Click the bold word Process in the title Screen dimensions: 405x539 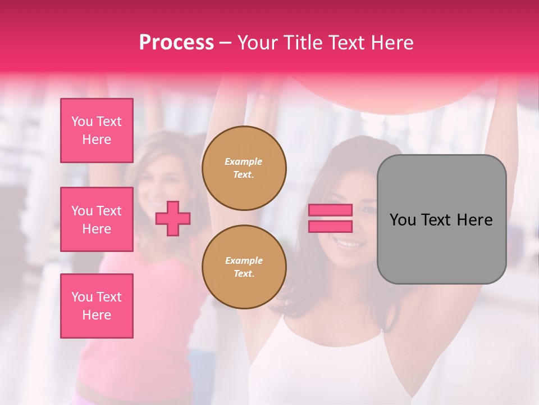tap(176, 42)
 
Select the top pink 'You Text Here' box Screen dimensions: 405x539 tap(97, 130)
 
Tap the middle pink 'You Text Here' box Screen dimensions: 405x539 tap(97, 219)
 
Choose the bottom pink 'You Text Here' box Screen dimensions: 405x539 tap(97, 306)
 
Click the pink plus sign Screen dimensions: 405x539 tap(173, 218)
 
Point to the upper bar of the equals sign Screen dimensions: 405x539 tap(330, 210)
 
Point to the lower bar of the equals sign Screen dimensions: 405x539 tap(330, 226)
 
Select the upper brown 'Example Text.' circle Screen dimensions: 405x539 tap(244, 168)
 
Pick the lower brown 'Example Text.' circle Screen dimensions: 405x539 tap(244, 267)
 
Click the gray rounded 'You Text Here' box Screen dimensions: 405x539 tap(441, 219)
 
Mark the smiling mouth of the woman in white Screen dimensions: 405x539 tap(349, 245)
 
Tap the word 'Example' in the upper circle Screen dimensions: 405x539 tap(244, 161)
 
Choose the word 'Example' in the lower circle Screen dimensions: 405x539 tap(244, 260)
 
